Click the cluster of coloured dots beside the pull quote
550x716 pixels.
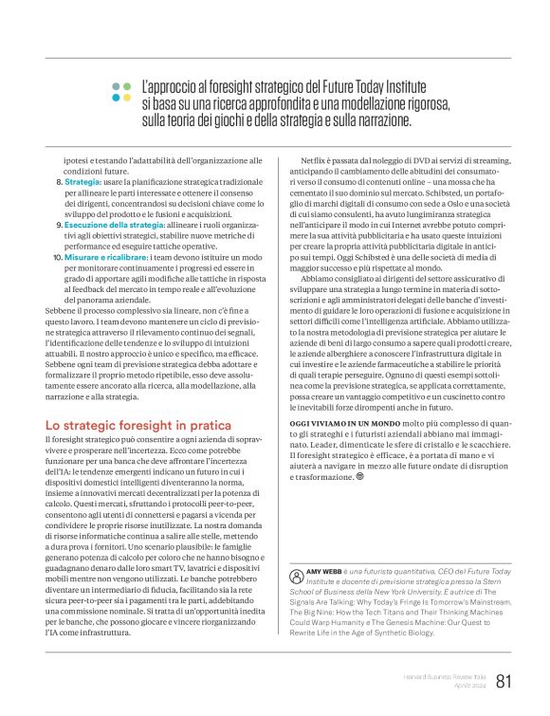(x=120, y=90)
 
